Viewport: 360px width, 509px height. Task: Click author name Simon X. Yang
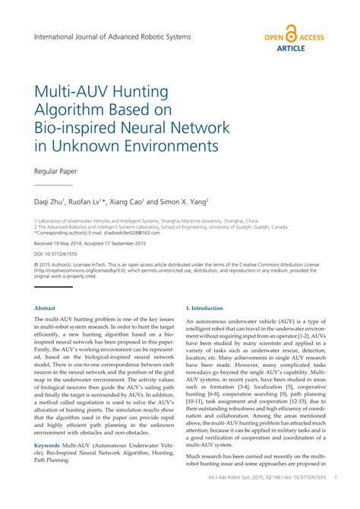tap(189, 203)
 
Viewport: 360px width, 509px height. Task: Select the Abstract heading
tap(45, 308)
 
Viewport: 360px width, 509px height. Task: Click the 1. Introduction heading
tap(204, 308)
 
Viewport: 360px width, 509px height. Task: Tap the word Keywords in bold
tap(47, 444)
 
